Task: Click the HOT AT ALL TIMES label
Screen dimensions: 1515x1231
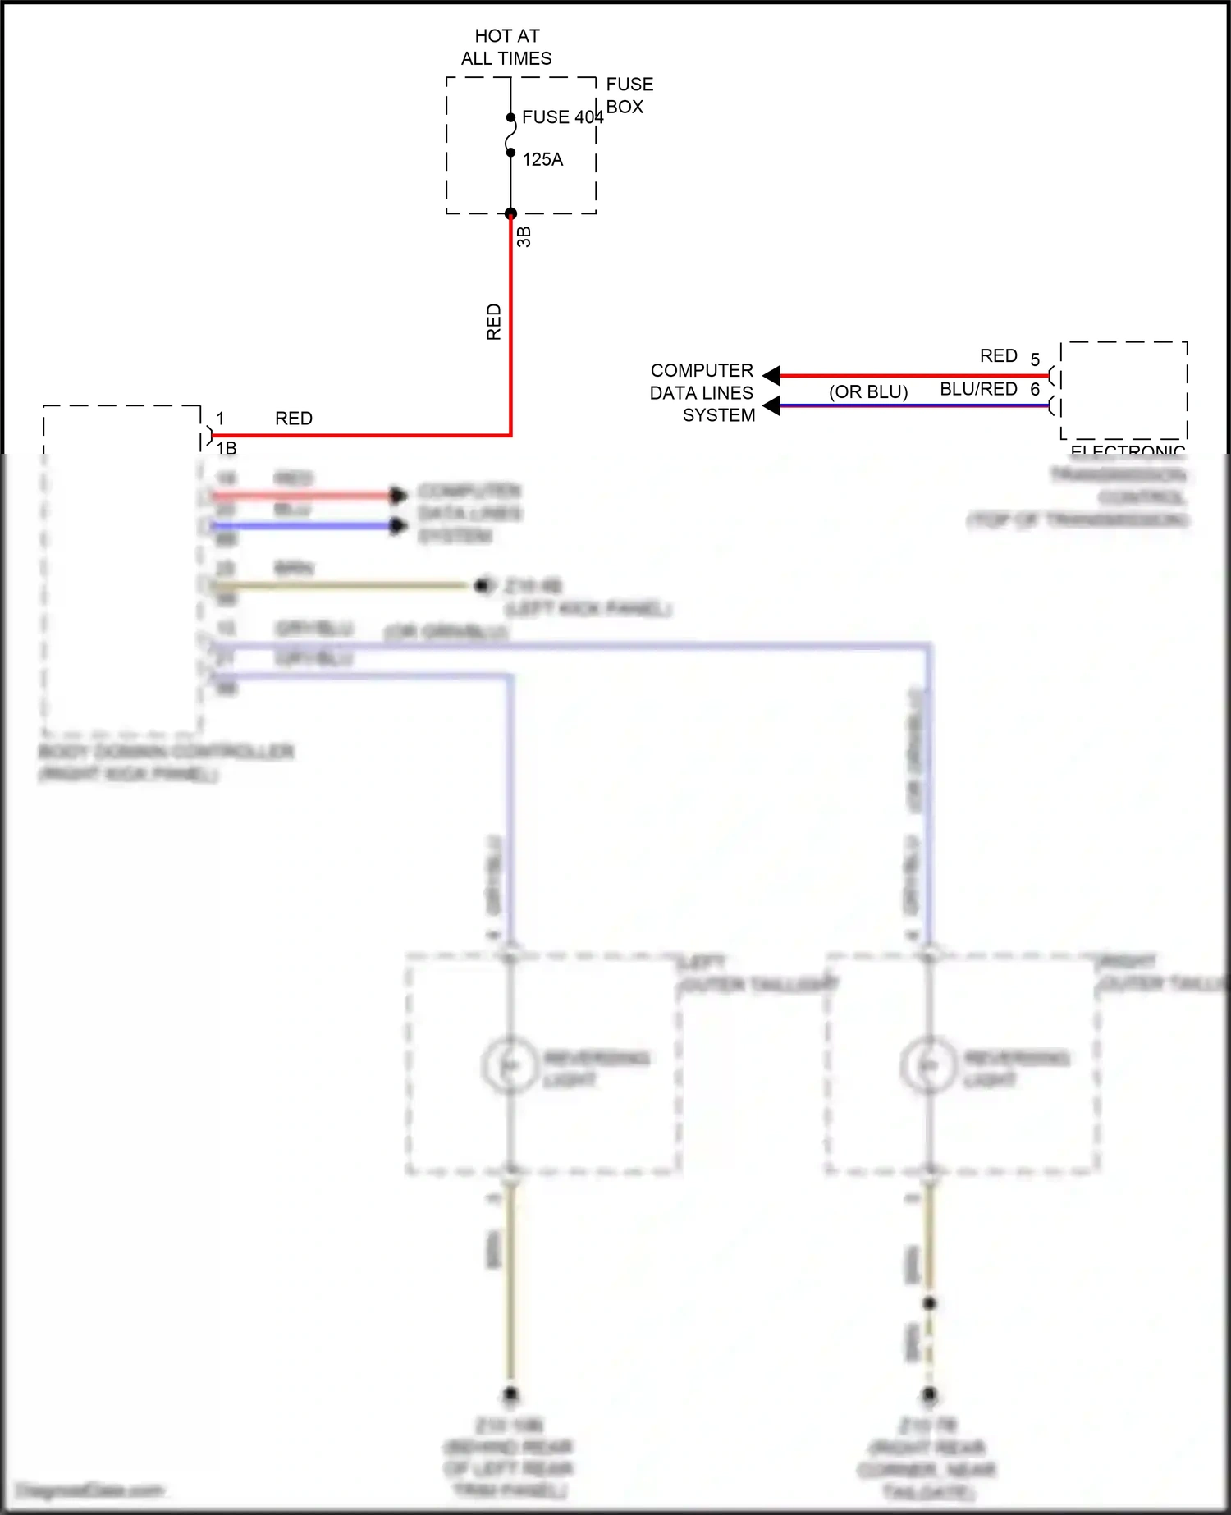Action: pos(506,47)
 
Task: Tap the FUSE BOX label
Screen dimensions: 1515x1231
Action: pos(629,95)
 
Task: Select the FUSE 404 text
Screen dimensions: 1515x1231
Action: pos(562,117)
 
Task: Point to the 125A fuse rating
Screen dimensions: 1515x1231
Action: pos(542,160)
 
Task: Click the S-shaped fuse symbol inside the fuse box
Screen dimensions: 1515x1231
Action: pos(510,135)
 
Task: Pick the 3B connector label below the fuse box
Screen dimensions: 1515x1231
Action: pos(524,237)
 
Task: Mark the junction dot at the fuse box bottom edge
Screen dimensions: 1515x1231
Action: pos(510,214)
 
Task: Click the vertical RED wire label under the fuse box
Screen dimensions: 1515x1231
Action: pos(494,322)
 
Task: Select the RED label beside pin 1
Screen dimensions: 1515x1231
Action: pos(294,419)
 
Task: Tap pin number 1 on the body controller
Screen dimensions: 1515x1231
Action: pos(220,419)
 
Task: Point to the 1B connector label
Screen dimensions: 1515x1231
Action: pos(227,448)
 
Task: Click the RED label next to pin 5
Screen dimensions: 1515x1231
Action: pos(999,356)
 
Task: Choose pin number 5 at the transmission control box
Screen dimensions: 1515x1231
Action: pos(1035,360)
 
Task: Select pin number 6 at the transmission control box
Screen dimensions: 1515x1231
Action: pos(1035,389)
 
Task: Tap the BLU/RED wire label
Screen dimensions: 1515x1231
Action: pos(978,389)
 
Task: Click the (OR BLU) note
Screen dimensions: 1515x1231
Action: pos(868,392)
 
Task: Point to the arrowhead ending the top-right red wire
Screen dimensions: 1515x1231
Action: pos(771,376)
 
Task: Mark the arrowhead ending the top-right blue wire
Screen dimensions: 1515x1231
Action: pos(771,405)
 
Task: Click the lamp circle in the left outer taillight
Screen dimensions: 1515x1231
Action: pos(510,1065)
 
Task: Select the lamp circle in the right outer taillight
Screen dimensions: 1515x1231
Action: pos(928,1065)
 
